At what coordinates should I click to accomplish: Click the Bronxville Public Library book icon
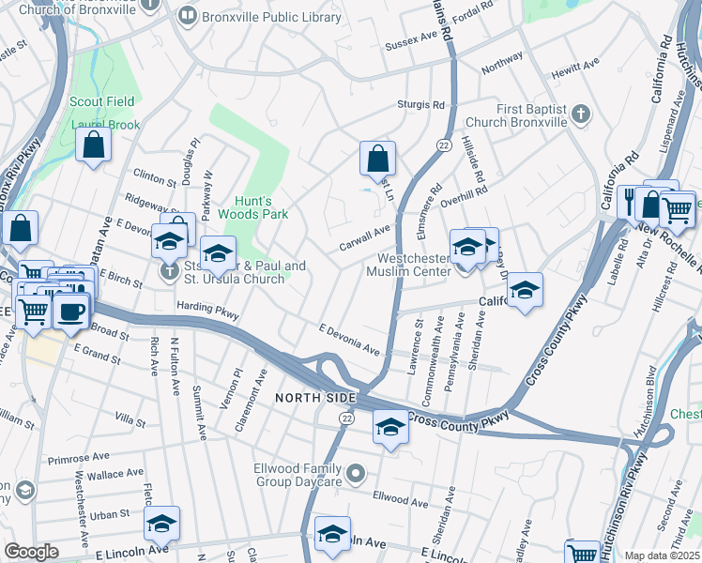pos(187,16)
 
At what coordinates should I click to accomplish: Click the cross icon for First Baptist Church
pos(581,114)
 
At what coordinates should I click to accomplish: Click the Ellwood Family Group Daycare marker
pos(354,476)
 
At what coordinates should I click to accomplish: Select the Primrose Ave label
pos(74,460)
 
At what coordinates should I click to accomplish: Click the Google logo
pos(31,552)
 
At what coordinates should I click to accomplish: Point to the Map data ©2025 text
pos(662,555)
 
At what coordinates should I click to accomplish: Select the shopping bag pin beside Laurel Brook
pos(94,145)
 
